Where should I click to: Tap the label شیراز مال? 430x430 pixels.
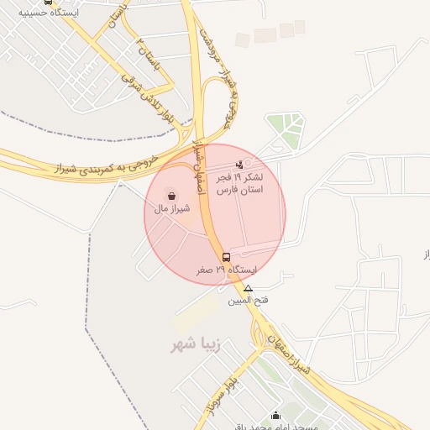[172, 207]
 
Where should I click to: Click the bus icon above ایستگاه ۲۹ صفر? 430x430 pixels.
[225, 257]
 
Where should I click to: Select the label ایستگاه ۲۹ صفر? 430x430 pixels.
[226, 270]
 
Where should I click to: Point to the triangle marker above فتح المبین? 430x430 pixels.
[248, 288]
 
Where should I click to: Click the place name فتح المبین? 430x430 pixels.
[247, 299]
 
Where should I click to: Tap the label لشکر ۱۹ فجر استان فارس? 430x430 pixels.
[240, 185]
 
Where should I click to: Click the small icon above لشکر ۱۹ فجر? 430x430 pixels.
[239, 165]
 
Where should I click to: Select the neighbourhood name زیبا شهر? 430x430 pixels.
[194, 345]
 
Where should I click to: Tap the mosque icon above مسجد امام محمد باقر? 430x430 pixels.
[275, 415]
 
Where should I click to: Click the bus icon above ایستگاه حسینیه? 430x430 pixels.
[48, 2]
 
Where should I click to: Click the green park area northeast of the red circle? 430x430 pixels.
[286, 129]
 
